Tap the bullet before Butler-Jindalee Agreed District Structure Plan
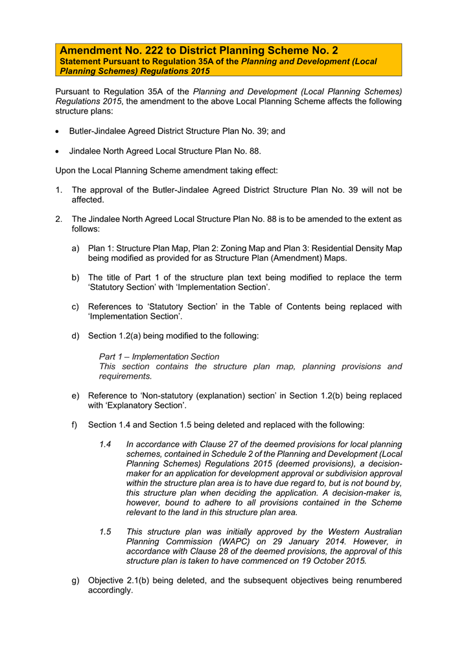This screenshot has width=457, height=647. (59, 132)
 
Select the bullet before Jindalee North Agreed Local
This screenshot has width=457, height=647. (59, 151)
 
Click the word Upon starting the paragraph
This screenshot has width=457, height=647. (67, 171)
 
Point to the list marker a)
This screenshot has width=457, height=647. (76, 249)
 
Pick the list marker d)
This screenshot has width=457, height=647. (76, 336)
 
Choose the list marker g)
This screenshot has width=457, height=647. (76, 581)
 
